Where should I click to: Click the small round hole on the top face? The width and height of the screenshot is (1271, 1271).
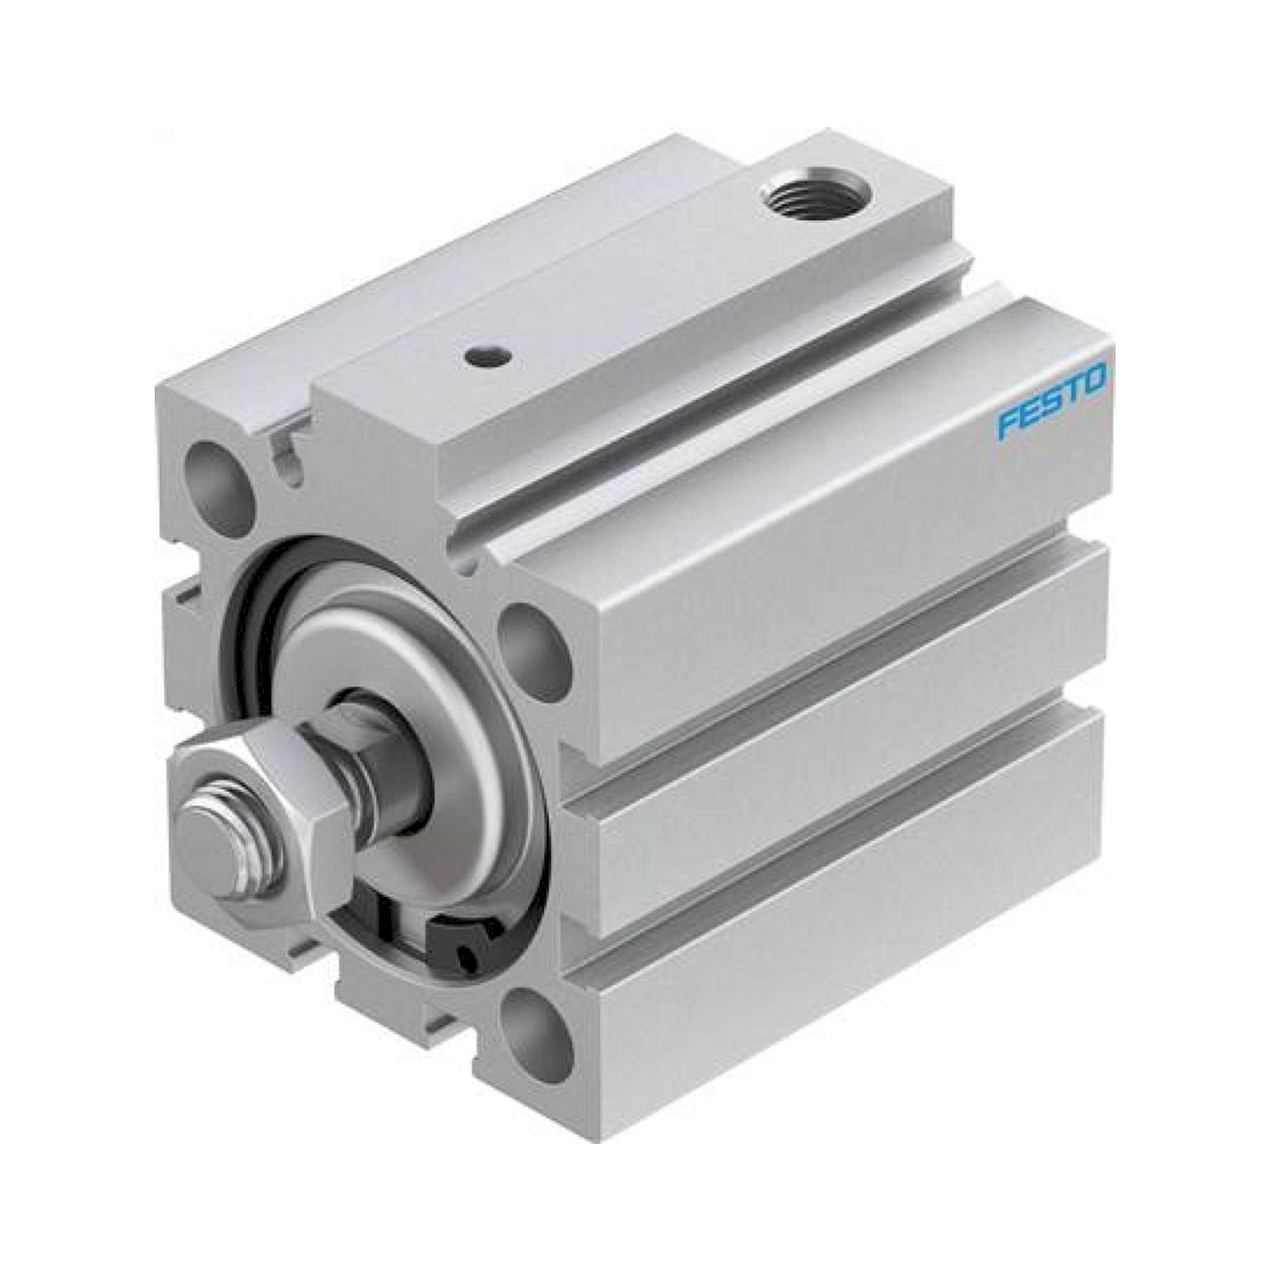(487, 357)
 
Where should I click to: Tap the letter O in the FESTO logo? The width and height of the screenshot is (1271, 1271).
(1096, 384)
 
